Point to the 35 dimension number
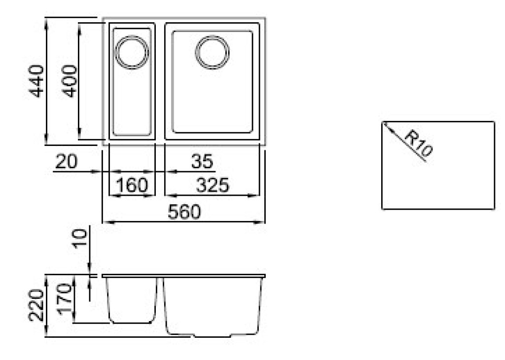(202, 161)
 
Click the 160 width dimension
(131, 185)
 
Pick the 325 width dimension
(212, 185)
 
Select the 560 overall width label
(184, 213)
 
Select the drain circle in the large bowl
(212, 51)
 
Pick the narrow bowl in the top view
(132, 94)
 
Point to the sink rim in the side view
(183, 276)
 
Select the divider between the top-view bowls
(160, 81)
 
